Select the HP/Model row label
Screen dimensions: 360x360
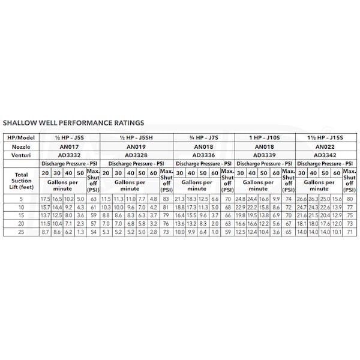20,137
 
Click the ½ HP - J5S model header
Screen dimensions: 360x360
68,137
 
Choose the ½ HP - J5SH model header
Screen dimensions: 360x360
134,137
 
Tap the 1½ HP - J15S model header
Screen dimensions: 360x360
325,137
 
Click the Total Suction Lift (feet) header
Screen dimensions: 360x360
20,180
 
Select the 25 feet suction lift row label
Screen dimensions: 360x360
20,231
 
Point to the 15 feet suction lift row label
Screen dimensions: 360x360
20,215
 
